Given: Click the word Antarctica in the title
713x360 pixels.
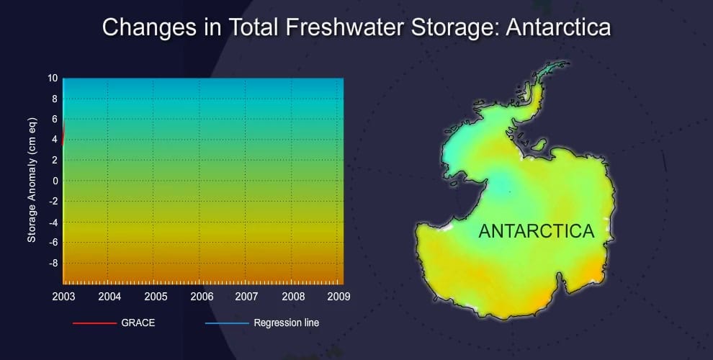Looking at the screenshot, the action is point(558,27).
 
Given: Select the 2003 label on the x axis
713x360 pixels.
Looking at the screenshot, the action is point(63,297).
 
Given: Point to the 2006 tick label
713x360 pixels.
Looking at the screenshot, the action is point(202,297).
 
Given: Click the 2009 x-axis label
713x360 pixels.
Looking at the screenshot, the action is point(338,297).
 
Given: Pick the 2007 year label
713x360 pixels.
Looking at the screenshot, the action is point(246,297).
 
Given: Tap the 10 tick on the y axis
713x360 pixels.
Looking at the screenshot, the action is point(53,78).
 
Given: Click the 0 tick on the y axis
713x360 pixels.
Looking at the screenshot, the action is point(55,181).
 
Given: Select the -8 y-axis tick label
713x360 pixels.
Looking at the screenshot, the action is point(53,264).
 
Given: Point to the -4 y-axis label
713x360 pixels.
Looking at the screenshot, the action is point(53,222).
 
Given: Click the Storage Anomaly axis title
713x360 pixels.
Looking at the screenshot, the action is point(32,180).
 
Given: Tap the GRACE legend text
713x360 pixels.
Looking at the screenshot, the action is point(138,323).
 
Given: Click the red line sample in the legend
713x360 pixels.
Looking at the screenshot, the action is point(94,323).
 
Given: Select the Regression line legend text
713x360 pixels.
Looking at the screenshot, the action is point(287,323).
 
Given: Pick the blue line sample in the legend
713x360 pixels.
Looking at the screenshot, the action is point(227,323).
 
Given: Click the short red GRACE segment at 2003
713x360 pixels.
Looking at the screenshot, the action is point(63,133).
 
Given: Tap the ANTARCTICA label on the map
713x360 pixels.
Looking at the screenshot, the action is point(537,231).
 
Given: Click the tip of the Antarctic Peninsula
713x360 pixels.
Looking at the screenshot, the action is point(568,63).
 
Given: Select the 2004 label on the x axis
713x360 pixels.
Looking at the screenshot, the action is point(109,297).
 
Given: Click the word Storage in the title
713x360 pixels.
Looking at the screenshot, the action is point(454,27).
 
